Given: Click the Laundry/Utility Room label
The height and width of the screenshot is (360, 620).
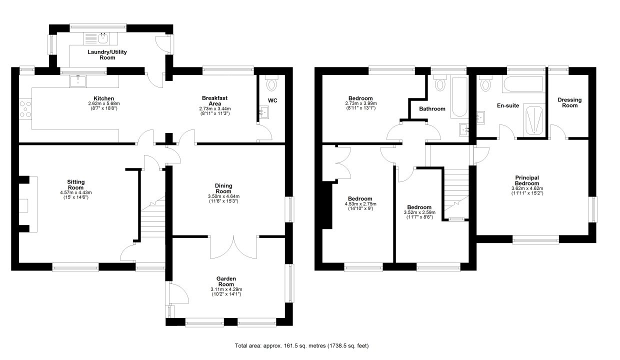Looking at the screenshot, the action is [107, 55].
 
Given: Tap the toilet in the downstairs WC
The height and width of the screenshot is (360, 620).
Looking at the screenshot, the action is [271, 82].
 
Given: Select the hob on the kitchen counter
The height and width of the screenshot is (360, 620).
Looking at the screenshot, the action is [25, 109].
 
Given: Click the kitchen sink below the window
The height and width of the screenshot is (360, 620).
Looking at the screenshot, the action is [78, 81].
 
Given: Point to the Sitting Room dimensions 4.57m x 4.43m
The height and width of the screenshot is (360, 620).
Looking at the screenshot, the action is [76, 192].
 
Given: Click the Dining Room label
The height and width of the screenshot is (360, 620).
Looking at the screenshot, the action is [223, 188].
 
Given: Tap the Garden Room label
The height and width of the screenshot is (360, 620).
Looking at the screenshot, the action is [226, 281].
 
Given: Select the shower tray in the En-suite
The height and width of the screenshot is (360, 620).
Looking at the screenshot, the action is [534, 120].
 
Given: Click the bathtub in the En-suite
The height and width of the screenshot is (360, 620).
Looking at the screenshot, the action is [524, 84].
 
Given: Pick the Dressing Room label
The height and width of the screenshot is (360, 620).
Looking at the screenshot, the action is [569, 102].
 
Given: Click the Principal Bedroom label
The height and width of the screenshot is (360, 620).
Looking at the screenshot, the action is [527, 180].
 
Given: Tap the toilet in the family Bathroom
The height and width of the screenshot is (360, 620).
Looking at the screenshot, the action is [440, 82].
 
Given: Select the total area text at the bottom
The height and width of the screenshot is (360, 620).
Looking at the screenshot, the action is [301, 345].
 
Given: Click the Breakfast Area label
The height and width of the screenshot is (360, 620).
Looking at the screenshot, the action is [215, 100].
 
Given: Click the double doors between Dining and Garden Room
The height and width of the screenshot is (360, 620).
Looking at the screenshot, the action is [233, 247].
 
